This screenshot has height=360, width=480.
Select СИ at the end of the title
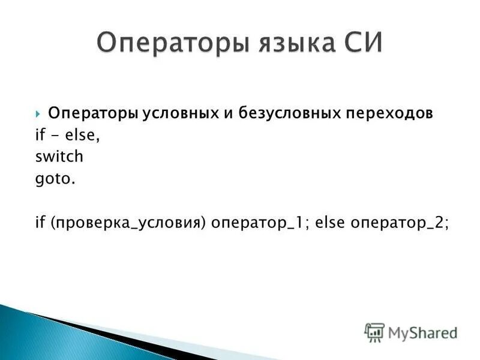click(358, 43)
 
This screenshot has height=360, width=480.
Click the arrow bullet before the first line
click(38, 113)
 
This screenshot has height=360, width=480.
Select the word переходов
click(389, 113)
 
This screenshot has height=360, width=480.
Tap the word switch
click(59, 158)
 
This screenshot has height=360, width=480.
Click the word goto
click(54, 179)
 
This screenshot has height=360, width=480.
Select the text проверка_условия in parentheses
click(128, 223)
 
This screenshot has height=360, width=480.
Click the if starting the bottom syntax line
click(40, 223)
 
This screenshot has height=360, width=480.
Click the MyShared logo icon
click(374, 332)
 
